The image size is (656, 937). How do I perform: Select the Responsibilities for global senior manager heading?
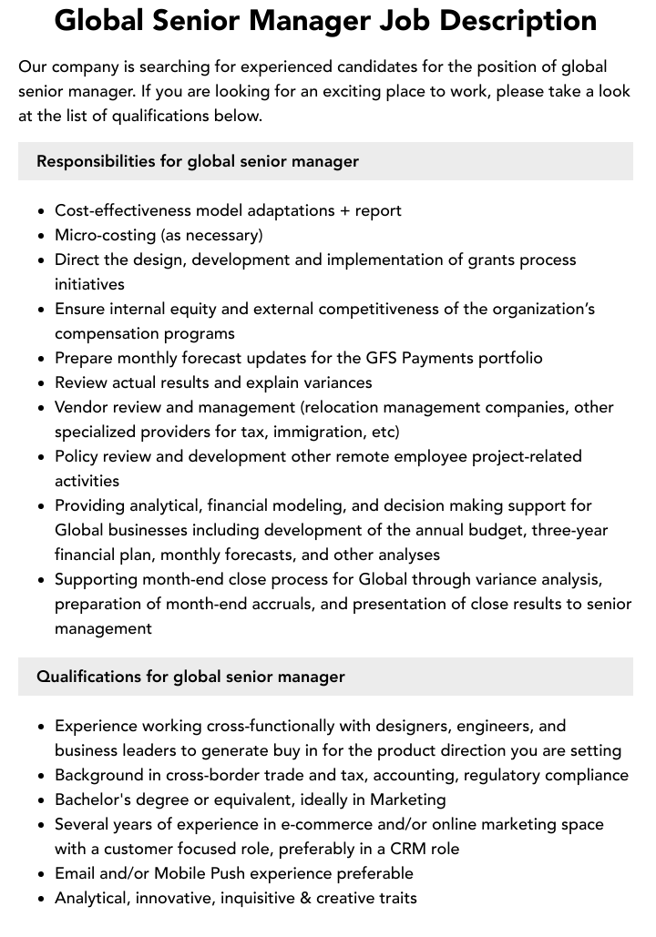click(198, 161)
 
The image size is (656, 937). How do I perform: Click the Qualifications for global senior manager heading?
click(190, 677)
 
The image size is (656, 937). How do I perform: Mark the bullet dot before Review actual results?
click(42, 383)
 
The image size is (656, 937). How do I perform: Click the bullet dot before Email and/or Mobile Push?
click(42, 874)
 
